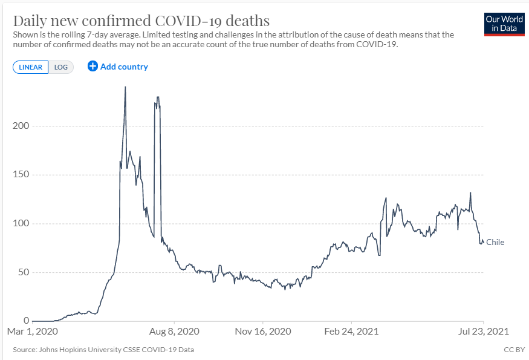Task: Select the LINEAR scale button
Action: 30,67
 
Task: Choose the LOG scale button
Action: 61,67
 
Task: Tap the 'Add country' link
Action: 124,67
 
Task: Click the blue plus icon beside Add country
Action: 92,67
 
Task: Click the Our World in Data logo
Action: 504,24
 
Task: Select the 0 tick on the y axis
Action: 27,321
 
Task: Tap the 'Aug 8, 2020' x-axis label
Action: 175,332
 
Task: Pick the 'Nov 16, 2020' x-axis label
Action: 263,332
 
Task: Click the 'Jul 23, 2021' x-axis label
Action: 484,332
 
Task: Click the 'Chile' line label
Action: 495,243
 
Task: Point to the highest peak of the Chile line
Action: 125,87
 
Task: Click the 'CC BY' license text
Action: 514,350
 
